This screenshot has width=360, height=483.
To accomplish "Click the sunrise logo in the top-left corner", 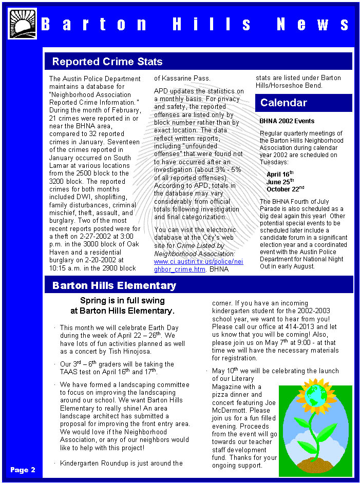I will [23, 24].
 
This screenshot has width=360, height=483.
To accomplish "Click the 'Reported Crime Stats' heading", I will [107, 62].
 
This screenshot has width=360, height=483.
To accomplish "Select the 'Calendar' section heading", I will [283, 103].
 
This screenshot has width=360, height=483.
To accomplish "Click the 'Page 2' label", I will [23, 470].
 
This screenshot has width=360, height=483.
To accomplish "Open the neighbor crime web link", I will [198, 265].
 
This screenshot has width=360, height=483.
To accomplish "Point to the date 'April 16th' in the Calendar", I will [280, 174].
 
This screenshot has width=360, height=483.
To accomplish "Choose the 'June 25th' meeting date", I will [280, 181].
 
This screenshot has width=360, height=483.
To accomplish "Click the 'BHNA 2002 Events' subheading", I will [287, 121].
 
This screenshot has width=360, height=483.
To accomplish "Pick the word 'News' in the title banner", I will [313, 24].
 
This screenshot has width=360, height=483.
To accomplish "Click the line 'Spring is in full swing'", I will [122, 301].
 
